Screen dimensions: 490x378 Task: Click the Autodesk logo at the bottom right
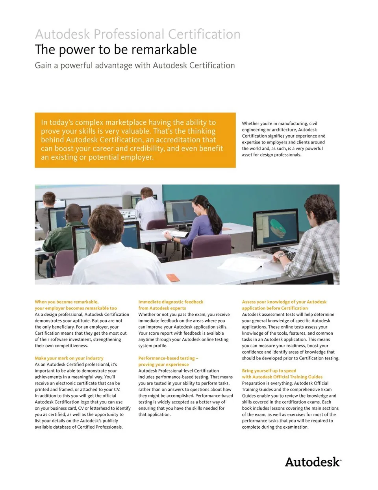[313, 462]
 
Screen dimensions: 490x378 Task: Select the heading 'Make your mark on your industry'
[69, 358]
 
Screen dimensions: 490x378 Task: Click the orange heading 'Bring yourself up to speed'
[269, 371]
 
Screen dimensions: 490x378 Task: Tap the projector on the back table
[128, 214]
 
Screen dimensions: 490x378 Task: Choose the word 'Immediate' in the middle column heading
[150, 302]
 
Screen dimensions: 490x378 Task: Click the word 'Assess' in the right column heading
[249, 302]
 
